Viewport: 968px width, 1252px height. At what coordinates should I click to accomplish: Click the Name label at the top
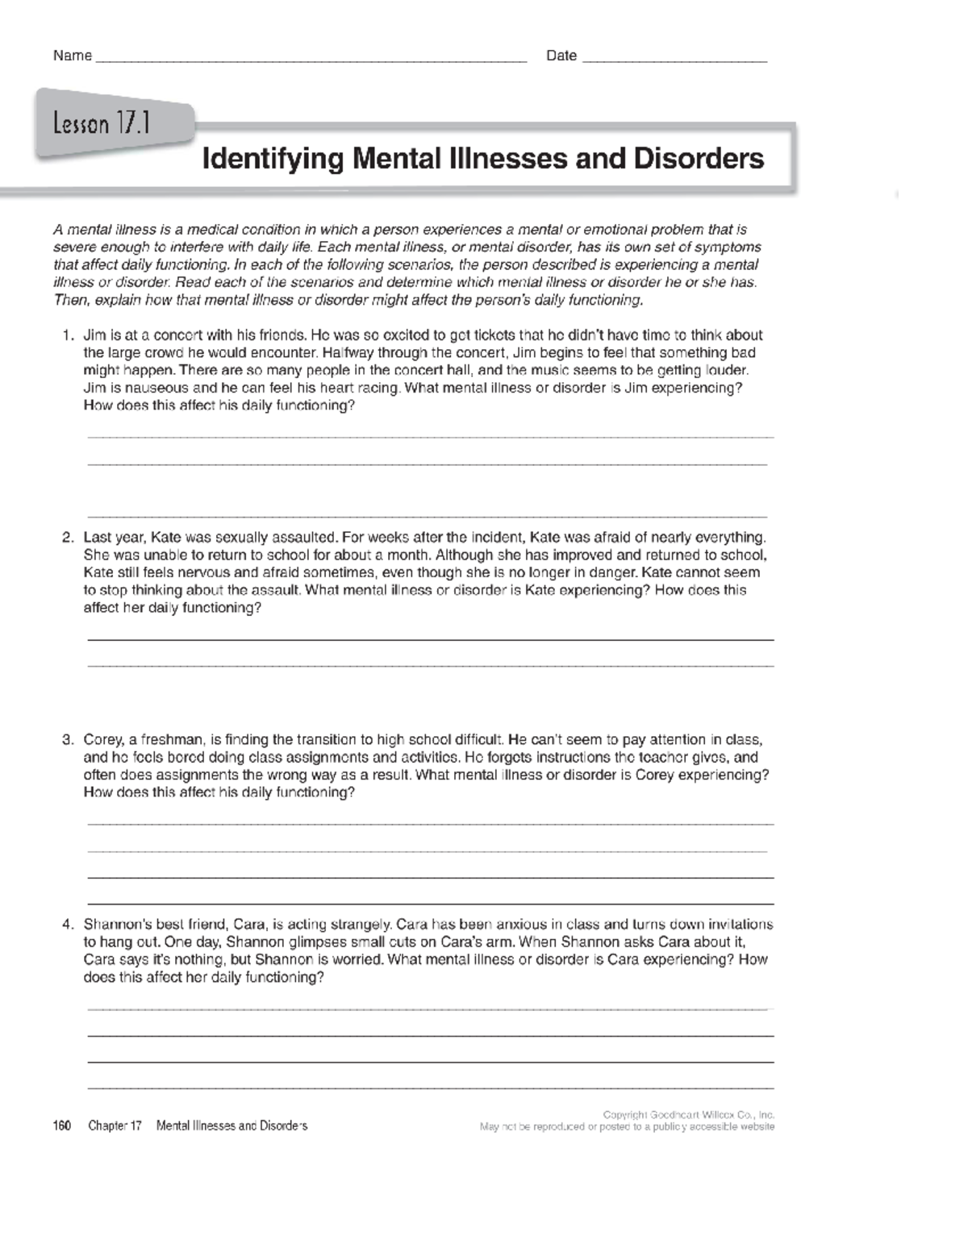click(72, 56)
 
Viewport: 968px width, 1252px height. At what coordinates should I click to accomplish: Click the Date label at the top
click(561, 56)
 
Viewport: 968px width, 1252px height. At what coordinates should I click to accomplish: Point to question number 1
click(68, 335)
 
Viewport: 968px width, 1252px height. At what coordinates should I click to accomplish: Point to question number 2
click(68, 538)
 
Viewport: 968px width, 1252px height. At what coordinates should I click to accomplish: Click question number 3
click(68, 740)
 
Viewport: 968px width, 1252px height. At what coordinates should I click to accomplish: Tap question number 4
click(68, 925)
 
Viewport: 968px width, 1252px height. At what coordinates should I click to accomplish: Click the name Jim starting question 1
click(94, 335)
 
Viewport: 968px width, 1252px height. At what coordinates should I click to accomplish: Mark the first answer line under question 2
click(429, 639)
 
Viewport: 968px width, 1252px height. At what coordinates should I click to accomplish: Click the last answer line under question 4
click(429, 1088)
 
